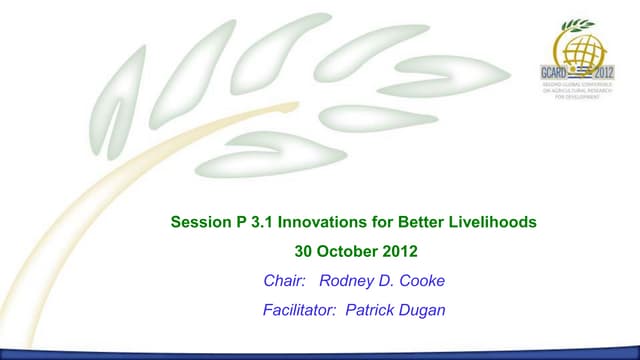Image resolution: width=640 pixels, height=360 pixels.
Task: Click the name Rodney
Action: coord(346,281)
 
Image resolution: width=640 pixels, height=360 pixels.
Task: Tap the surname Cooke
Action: coord(423,281)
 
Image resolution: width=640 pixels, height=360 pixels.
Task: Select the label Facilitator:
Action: coord(298,311)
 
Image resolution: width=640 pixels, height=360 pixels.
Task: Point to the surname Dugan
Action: coord(423,311)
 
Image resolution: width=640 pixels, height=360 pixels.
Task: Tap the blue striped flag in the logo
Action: coord(584,74)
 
